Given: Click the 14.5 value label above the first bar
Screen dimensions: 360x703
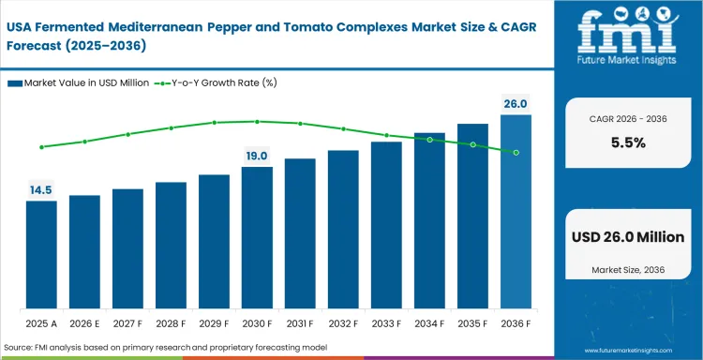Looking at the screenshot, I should (41, 190).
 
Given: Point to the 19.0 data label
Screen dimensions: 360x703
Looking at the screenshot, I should (257, 156).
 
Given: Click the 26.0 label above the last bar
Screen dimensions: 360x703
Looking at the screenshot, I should (516, 104).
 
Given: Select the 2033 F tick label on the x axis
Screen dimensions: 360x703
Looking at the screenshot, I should (386, 324).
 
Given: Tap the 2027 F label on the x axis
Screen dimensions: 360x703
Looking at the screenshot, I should (127, 324).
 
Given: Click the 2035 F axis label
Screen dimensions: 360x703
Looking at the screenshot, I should (472, 324).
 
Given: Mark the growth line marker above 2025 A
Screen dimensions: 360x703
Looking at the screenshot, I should (41, 147).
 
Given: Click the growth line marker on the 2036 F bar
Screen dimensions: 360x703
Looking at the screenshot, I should (516, 152).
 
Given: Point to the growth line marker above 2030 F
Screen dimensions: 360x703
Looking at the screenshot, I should (257, 121).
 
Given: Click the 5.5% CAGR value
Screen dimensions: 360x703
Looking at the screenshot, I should (627, 143).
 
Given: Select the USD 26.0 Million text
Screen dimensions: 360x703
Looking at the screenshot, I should (627, 237).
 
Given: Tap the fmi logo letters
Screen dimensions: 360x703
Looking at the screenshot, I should (627, 33).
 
